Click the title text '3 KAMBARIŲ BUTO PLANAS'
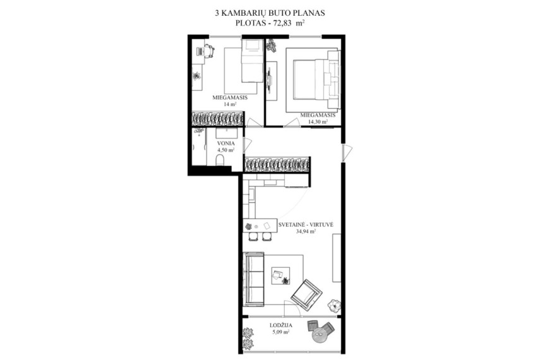pyautogui.click(x=270, y=13)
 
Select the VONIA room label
pyautogui.click(x=226, y=143)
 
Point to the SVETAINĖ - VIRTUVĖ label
pyautogui.click(x=306, y=225)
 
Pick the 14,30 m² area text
pyautogui.click(x=318, y=121)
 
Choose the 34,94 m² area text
pyautogui.click(x=306, y=232)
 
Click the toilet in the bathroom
pyautogui.click(x=220, y=160)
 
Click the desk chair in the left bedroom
pyautogui.click(x=209, y=51)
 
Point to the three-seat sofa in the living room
pyautogui.click(x=253, y=279)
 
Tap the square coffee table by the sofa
pyautogui.click(x=280, y=276)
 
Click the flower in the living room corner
pyautogui.click(x=334, y=305)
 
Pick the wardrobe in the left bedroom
pyautogui.click(x=218, y=119)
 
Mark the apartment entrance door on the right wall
pyautogui.click(x=347, y=152)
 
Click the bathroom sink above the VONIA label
pyautogui.click(x=226, y=133)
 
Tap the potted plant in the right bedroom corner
pyautogui.click(x=272, y=45)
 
